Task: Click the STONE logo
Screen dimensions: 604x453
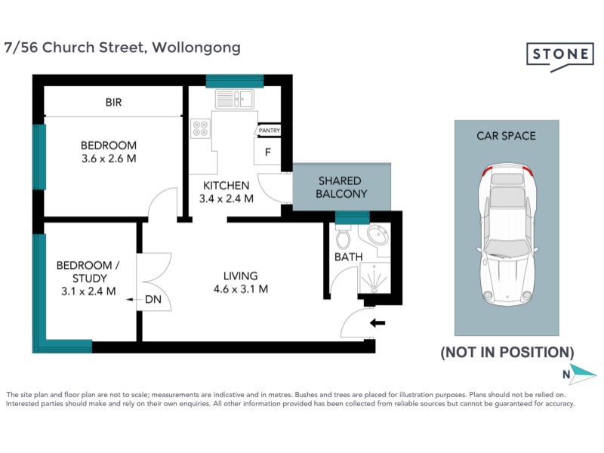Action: click(560, 57)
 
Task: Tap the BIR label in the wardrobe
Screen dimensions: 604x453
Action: click(114, 103)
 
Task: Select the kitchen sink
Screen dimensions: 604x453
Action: click(234, 99)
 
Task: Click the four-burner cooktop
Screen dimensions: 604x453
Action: click(201, 128)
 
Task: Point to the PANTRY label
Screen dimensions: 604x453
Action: click(269, 131)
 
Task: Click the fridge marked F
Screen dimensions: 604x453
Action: click(267, 152)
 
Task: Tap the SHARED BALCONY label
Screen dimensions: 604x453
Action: click(341, 187)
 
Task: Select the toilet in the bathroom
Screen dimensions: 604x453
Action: click(343, 236)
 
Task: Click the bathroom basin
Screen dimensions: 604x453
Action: click(378, 235)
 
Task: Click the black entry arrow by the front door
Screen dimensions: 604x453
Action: click(377, 323)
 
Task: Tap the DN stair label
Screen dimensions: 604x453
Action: click(153, 299)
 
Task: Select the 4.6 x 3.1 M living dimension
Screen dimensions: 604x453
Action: click(241, 289)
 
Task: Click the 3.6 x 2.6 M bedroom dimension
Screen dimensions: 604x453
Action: click(109, 159)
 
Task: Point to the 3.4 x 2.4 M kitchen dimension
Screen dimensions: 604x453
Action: click(226, 199)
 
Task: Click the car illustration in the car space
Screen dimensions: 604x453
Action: click(507, 235)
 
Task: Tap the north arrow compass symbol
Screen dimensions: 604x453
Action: click(582, 374)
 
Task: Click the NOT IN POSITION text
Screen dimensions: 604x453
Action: click(507, 352)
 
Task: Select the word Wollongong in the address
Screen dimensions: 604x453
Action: click(196, 48)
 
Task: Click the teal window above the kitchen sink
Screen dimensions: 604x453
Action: click(235, 82)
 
